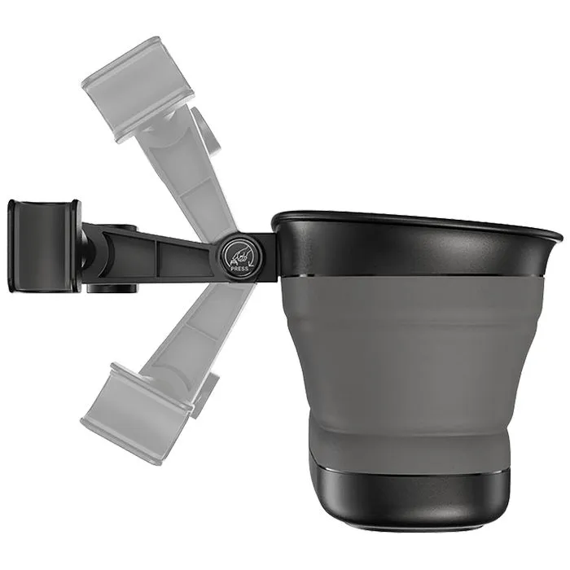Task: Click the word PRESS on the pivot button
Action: pyautogui.click(x=239, y=269)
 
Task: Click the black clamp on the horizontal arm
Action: pyautogui.click(x=43, y=246)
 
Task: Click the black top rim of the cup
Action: pyautogui.click(x=414, y=244)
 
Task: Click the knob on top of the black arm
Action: pyautogui.click(x=123, y=228)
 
